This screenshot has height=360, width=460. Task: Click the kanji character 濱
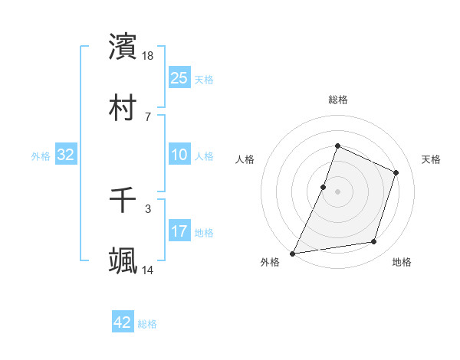[123, 47]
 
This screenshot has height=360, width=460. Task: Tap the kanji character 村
[123, 107]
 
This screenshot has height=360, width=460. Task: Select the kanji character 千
[123, 200]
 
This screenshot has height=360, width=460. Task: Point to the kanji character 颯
[123, 261]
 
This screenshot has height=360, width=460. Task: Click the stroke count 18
[149, 56]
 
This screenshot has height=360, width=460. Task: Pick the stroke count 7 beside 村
[148, 116]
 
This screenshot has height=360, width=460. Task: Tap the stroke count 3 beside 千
[148, 208]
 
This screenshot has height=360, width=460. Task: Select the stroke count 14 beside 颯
[149, 270]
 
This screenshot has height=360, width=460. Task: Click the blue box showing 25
[179, 78]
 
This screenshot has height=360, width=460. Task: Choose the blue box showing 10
[179, 155]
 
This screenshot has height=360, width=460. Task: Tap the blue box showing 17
[179, 231]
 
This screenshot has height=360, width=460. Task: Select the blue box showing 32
[66, 155]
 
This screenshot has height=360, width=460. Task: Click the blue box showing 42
[123, 322]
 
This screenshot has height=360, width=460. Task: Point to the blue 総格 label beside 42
[148, 324]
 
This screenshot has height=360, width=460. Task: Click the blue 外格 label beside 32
[41, 156]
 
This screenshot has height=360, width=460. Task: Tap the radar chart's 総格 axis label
[337, 100]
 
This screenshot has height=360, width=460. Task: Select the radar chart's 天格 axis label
[431, 159]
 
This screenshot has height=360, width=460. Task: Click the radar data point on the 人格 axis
[324, 187]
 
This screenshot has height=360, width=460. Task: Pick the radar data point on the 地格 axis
[374, 242]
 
